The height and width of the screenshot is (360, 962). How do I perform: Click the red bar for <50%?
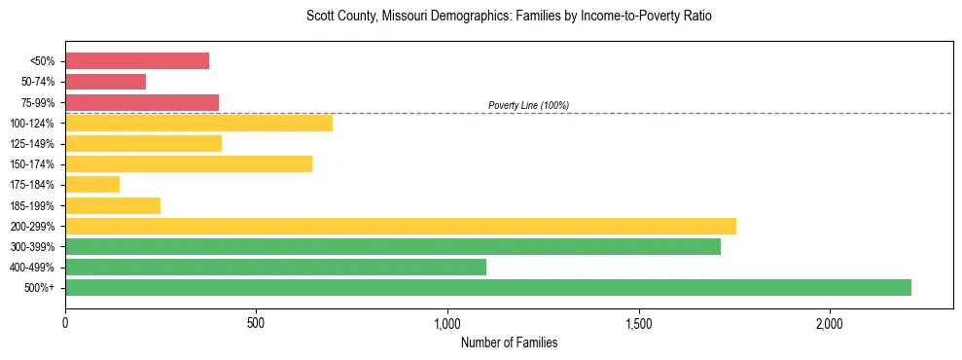point(137,61)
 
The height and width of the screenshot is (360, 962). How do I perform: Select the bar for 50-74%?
point(105,82)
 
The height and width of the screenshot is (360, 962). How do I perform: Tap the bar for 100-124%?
point(198,123)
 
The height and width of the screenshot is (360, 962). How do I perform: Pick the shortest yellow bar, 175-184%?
point(92,184)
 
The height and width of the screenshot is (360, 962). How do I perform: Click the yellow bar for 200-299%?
point(400,226)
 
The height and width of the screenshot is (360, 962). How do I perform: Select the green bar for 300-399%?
point(392,246)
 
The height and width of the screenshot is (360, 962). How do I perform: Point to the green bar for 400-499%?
point(275,267)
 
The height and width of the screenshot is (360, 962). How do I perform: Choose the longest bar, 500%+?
point(487,287)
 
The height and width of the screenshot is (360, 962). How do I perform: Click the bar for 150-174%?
point(189,163)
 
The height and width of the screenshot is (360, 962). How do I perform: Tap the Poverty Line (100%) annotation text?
point(528,105)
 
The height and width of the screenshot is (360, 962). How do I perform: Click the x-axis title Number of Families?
point(509,342)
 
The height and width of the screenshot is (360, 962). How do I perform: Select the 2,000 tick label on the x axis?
point(830,323)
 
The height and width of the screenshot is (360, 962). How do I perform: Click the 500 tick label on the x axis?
point(256,323)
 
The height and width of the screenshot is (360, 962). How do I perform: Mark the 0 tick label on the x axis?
point(65,323)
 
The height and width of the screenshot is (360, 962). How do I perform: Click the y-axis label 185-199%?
point(32,206)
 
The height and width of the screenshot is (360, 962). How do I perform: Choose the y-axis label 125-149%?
point(32,144)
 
